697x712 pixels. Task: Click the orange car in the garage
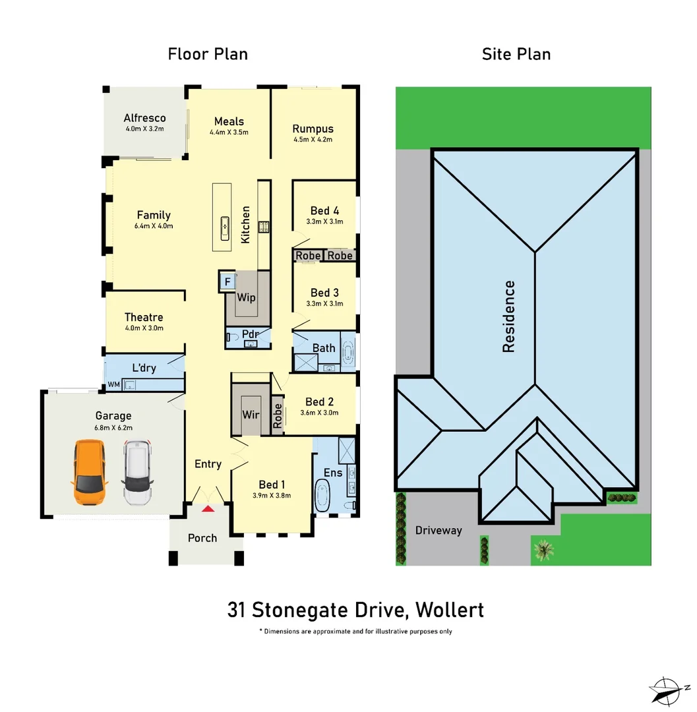point(90,473)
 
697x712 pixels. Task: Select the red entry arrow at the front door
point(208,508)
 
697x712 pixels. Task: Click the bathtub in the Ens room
point(324,496)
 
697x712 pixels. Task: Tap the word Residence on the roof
point(509,316)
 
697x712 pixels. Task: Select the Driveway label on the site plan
point(439,531)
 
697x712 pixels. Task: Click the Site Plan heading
point(516,54)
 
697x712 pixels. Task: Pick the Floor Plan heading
point(208,54)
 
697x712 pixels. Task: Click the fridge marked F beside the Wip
point(227,282)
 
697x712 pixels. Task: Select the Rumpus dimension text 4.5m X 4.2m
point(313,140)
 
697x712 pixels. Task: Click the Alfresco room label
point(145,119)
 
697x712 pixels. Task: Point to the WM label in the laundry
point(113,384)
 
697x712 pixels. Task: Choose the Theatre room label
point(144,317)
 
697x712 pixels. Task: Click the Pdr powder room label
point(250,334)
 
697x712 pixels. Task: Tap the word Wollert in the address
point(450,610)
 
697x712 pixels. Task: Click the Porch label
point(202,538)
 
